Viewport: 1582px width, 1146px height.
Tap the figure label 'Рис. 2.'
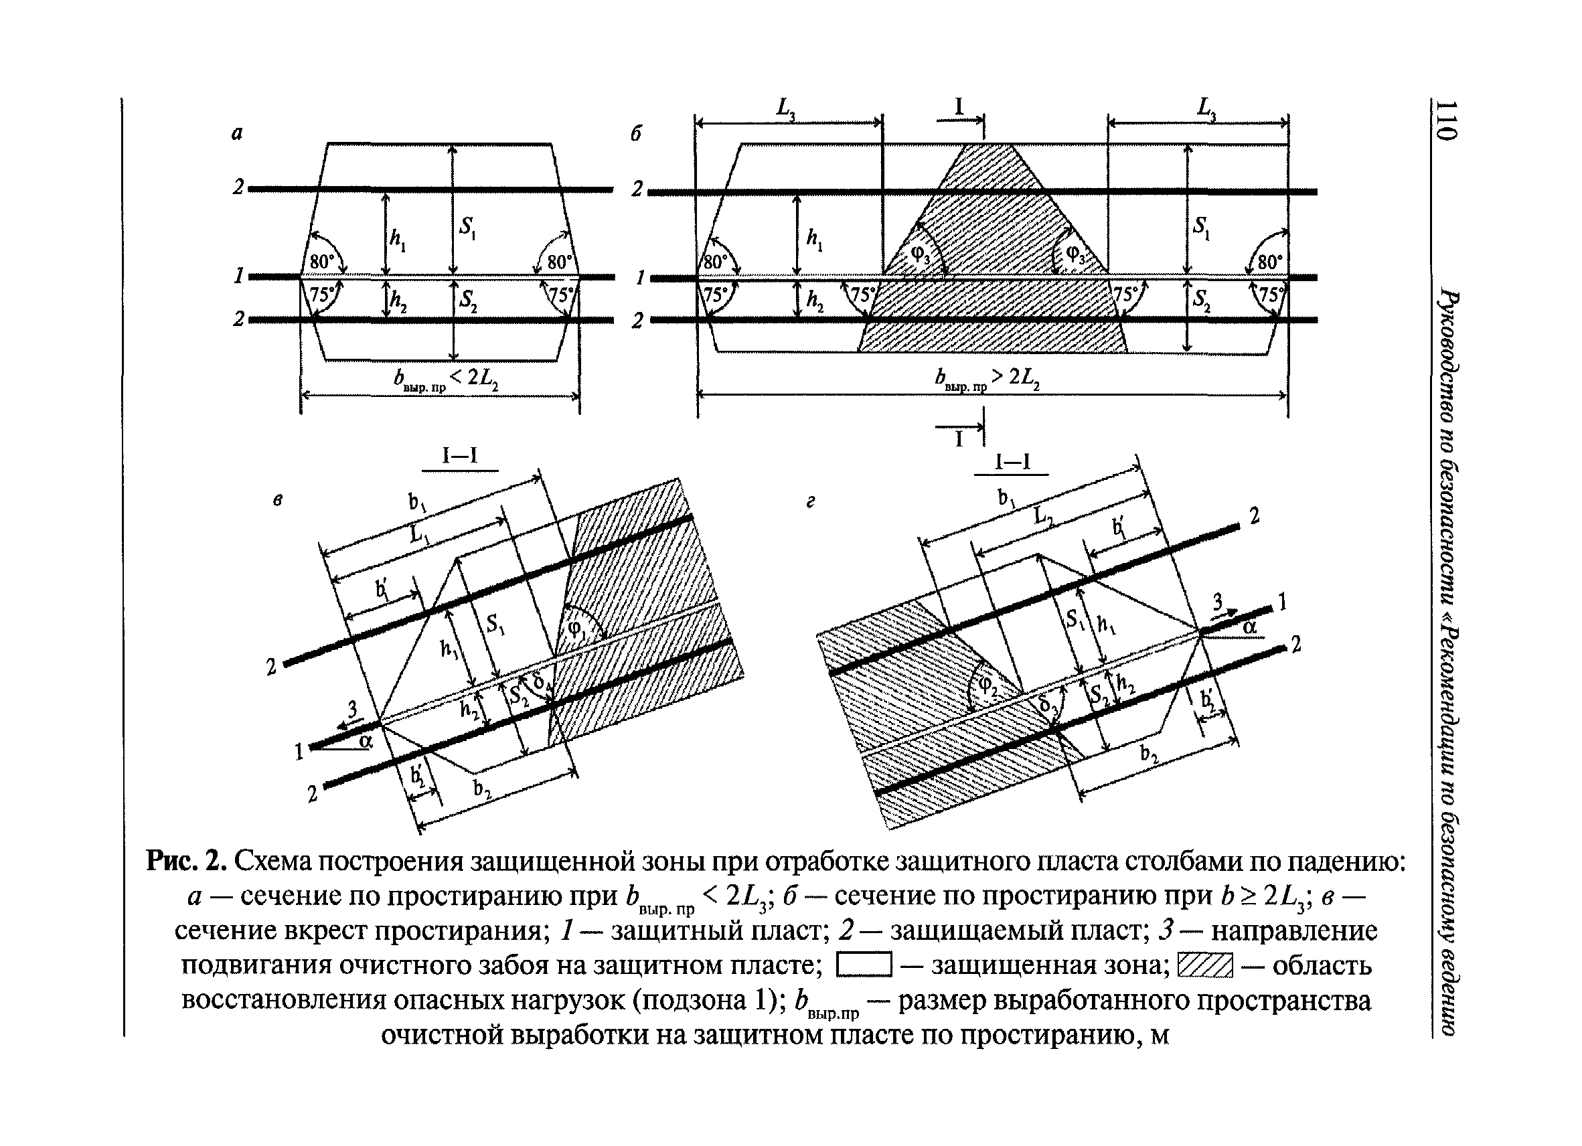pos(187,862)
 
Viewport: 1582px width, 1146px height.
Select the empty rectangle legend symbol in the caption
pos(863,965)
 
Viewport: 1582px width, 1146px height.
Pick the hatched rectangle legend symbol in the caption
pos(1204,965)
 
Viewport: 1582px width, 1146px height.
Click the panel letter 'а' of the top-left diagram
pos(237,133)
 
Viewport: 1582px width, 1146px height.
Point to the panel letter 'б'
pos(635,134)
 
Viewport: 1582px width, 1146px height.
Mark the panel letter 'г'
pos(811,501)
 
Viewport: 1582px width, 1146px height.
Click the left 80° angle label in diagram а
pos(321,262)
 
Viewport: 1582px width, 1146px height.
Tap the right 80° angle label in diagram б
pos(1269,262)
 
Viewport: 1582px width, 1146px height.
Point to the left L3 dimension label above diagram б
pos(786,108)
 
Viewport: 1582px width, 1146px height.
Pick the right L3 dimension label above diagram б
pos(1206,108)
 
